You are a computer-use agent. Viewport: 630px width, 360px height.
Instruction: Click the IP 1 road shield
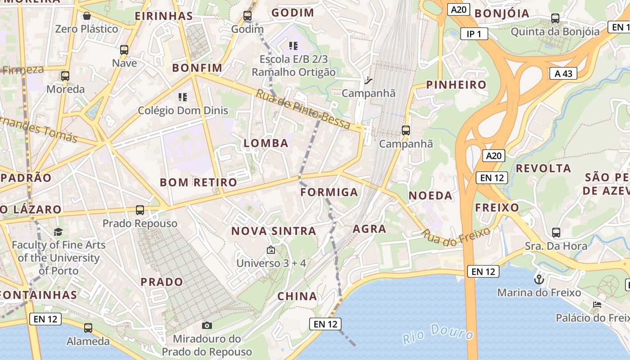pyautogui.click(x=474, y=34)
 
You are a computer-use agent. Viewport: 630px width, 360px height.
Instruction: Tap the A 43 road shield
pyautogui.click(x=563, y=73)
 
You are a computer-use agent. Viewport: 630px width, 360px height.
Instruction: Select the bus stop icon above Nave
pyautogui.click(x=124, y=49)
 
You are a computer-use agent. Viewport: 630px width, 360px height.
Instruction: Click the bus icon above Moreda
pyautogui.click(x=65, y=76)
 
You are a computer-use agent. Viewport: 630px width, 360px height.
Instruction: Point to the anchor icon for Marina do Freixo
pyautogui.click(x=539, y=279)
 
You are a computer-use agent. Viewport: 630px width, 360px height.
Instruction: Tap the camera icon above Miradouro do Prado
pyautogui.click(x=207, y=325)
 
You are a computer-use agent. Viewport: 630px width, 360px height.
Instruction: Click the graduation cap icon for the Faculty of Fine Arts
pyautogui.click(x=58, y=232)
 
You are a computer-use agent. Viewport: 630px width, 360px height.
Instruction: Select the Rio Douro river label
pyautogui.click(x=437, y=333)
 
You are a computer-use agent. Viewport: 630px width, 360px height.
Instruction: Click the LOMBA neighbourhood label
pyautogui.click(x=266, y=144)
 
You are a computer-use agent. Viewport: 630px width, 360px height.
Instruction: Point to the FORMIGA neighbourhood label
pyautogui.click(x=329, y=193)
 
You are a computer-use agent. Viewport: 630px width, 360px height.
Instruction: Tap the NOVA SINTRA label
pyautogui.click(x=274, y=231)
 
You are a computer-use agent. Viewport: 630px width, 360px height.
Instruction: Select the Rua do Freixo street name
pyautogui.click(x=456, y=237)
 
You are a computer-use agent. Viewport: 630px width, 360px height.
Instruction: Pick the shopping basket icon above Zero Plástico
pyautogui.click(x=87, y=16)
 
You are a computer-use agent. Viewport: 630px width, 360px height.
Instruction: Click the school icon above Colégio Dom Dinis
pyautogui.click(x=182, y=97)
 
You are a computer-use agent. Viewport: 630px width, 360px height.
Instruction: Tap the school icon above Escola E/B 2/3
pyautogui.click(x=293, y=45)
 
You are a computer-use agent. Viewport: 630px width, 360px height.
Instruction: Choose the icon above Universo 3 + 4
pyautogui.click(x=271, y=250)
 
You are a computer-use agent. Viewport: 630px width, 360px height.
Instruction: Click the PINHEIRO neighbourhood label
pyautogui.click(x=456, y=85)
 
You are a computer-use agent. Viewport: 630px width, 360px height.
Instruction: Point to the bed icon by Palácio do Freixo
pyautogui.click(x=597, y=305)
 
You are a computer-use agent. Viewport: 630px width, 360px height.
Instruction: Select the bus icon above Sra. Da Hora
pyautogui.click(x=556, y=233)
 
